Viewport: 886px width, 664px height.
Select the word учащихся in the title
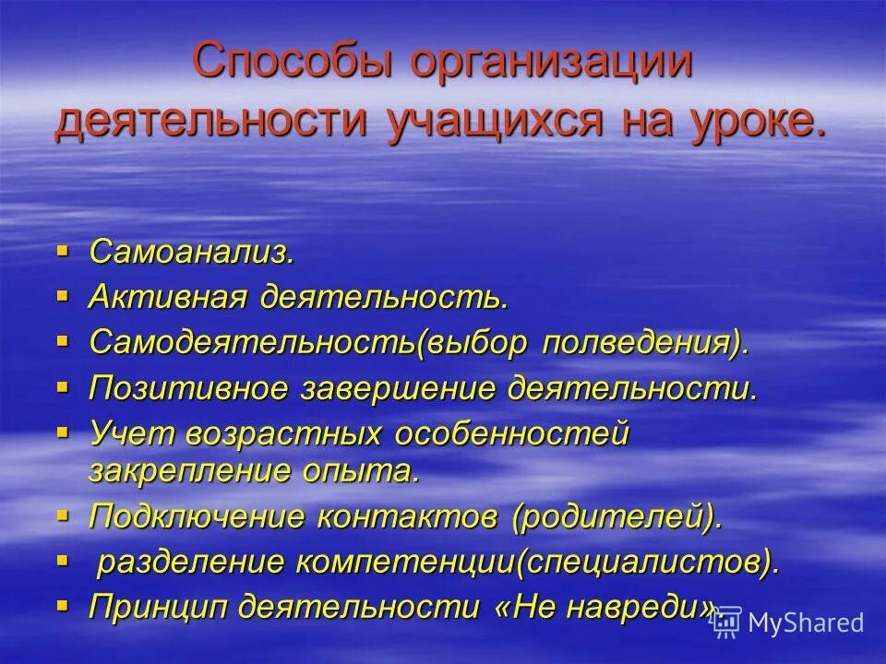tap(480, 122)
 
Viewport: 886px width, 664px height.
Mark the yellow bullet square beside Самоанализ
tap(63, 250)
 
